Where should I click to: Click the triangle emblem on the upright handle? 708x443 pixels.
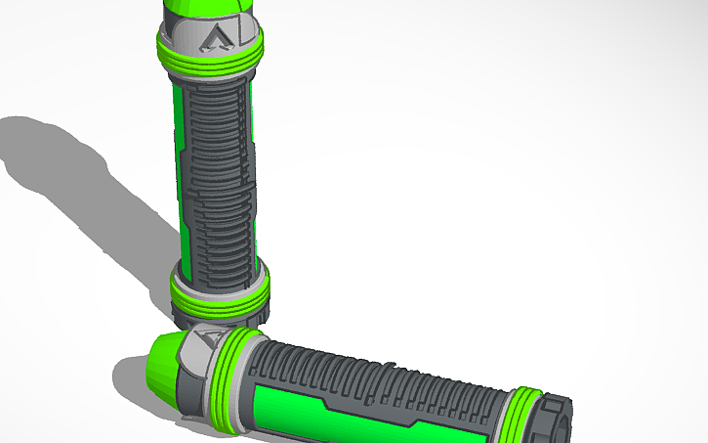point(214,39)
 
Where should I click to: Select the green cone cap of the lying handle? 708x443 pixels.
point(164,362)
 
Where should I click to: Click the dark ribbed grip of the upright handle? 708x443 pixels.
point(219,176)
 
